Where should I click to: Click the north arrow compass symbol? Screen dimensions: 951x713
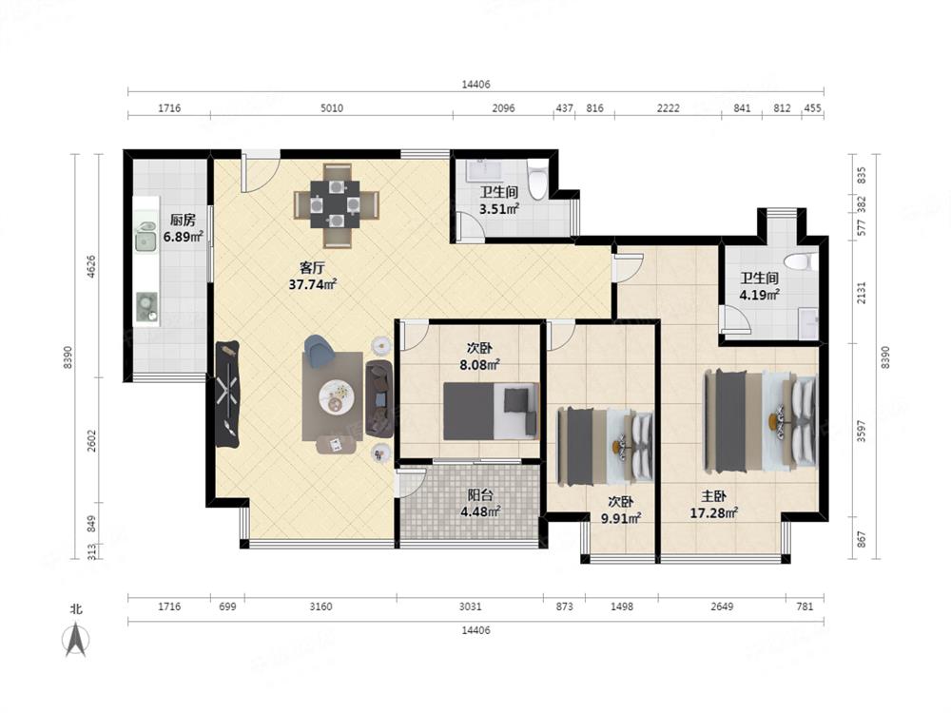click(76, 640)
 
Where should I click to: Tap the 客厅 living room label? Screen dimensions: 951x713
click(312, 267)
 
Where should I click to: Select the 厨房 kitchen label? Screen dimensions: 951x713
click(183, 221)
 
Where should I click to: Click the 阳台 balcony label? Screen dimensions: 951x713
click(479, 495)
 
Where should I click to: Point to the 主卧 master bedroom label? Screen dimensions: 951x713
click(713, 496)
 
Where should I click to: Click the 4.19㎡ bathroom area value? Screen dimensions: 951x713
click(759, 296)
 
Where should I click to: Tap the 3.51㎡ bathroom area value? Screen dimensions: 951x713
click(499, 209)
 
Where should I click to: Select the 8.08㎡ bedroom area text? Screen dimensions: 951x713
click(479, 365)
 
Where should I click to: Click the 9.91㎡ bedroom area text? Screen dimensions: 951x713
click(621, 518)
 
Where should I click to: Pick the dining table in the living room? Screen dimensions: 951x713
click(337, 204)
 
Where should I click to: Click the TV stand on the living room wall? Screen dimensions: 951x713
click(227, 395)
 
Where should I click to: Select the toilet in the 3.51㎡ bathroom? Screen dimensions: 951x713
click(536, 180)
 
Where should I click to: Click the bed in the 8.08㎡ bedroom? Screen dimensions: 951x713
click(492, 411)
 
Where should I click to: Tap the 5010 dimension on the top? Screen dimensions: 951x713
click(331, 108)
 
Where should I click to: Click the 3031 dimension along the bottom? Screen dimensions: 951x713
click(470, 607)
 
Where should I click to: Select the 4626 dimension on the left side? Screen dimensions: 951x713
click(91, 267)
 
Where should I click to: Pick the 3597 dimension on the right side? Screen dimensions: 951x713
click(862, 431)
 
